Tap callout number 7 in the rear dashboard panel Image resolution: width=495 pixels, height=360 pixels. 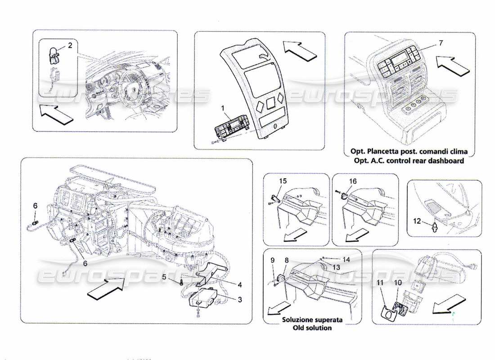[x=441, y=43]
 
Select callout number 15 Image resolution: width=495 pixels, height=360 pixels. [x=283, y=181]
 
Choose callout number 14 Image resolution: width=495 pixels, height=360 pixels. [x=346, y=259]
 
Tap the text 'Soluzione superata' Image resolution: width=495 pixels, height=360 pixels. [x=312, y=320]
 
